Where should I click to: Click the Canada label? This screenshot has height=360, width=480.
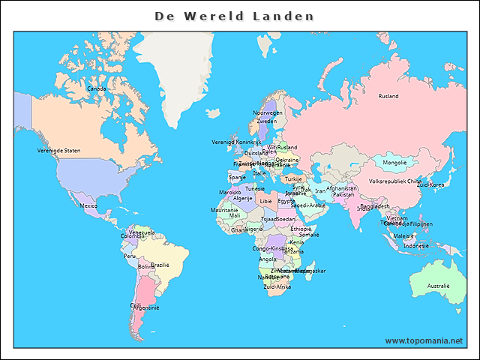point(96,88)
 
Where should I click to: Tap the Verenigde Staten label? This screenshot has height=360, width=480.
point(58,151)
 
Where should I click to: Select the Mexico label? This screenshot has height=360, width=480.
point(88,205)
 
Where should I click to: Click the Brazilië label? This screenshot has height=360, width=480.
point(160,265)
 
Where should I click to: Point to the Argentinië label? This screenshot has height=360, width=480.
point(146,307)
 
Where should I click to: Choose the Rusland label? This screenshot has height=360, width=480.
point(388,96)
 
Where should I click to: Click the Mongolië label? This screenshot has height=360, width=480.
point(394,162)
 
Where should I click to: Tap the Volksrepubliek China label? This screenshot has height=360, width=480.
point(394,181)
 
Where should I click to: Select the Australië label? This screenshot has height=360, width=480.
point(438,286)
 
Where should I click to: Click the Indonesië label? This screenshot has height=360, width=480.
point(416,246)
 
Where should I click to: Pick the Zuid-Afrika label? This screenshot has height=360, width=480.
point(277,286)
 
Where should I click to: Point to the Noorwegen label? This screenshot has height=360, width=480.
point(268,112)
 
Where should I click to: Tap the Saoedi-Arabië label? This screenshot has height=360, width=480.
point(308,205)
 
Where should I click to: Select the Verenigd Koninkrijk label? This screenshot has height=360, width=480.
point(236,142)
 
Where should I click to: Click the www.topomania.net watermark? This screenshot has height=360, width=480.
point(424,340)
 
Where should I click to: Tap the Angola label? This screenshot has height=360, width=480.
point(267,259)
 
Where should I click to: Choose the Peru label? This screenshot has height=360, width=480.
point(130,256)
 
